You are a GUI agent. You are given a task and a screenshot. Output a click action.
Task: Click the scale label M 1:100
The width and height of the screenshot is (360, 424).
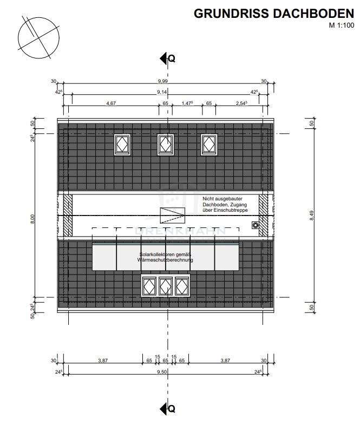point(341,25)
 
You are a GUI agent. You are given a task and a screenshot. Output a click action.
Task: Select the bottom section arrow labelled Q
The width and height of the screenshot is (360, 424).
point(167,408)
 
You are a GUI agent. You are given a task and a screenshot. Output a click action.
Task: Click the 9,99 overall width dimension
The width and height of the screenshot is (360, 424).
point(162,81)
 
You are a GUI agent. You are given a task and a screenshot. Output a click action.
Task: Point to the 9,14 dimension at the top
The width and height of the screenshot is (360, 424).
point(161,93)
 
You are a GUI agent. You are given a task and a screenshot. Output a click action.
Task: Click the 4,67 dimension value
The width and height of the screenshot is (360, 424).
point(111,103)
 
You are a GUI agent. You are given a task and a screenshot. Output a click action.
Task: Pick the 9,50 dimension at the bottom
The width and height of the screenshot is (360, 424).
point(161,372)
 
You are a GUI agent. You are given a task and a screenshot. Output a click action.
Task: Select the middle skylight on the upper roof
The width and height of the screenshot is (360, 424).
point(166,144)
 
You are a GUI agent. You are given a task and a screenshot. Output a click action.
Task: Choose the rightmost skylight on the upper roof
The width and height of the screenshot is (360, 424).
point(210,144)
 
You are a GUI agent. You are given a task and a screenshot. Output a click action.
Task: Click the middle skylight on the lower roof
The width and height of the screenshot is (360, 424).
point(166,285)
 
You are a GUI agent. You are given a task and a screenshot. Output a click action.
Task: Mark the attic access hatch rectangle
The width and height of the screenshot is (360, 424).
point(173,215)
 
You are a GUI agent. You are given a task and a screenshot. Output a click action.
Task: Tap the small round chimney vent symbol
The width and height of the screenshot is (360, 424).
point(256,225)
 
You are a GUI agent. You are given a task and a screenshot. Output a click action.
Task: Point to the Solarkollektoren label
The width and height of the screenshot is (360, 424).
point(166,257)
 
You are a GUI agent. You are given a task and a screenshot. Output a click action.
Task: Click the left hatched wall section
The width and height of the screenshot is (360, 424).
point(68,216)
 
